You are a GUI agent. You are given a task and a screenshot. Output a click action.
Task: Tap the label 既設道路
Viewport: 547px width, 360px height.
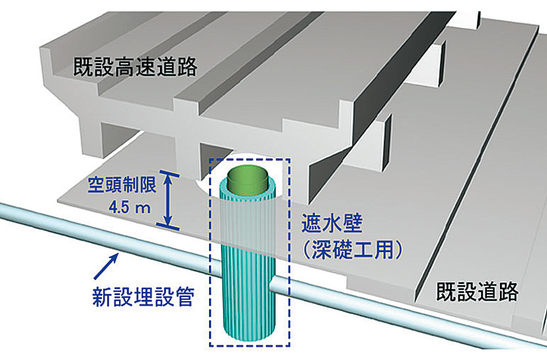coord(477,291)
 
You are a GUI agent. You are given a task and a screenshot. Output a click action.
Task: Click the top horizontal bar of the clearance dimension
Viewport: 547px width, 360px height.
coord(169,173)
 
